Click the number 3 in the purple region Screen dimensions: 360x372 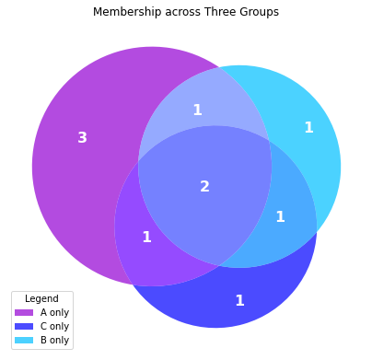tap(82, 138)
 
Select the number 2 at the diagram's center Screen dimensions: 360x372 tap(204, 187)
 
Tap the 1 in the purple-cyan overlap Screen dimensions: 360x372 tap(197, 110)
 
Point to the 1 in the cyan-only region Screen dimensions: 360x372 tap(308, 128)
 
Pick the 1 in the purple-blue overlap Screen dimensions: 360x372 tap(146, 238)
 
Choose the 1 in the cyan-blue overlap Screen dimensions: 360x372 tap(280, 217)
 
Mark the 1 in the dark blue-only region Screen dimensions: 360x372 tap(239, 301)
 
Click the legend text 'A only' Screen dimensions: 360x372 tap(54, 313)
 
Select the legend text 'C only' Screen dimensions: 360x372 tap(54, 327)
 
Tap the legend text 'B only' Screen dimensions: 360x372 tap(54, 341)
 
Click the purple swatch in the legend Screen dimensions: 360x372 tap(24, 313)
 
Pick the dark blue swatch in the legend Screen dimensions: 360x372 tap(24, 327)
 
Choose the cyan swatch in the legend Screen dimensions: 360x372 tap(24, 341)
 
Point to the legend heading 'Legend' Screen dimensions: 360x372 tap(41, 299)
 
